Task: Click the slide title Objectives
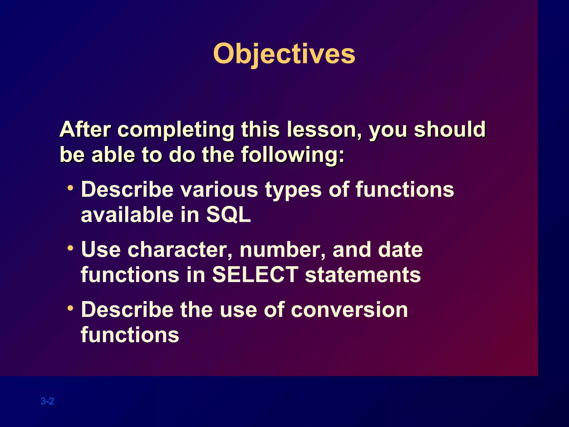pyautogui.click(x=284, y=54)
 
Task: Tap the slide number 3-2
pyautogui.click(x=47, y=401)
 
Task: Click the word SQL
pyautogui.click(x=228, y=215)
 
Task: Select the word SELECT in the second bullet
pyautogui.click(x=255, y=275)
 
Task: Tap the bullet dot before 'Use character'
pyautogui.click(x=70, y=247)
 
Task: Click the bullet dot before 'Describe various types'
pyautogui.click(x=70, y=188)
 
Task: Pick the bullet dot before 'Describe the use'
pyautogui.click(x=70, y=308)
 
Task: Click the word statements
pyautogui.click(x=363, y=275)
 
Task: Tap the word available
pyautogui.click(x=127, y=215)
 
